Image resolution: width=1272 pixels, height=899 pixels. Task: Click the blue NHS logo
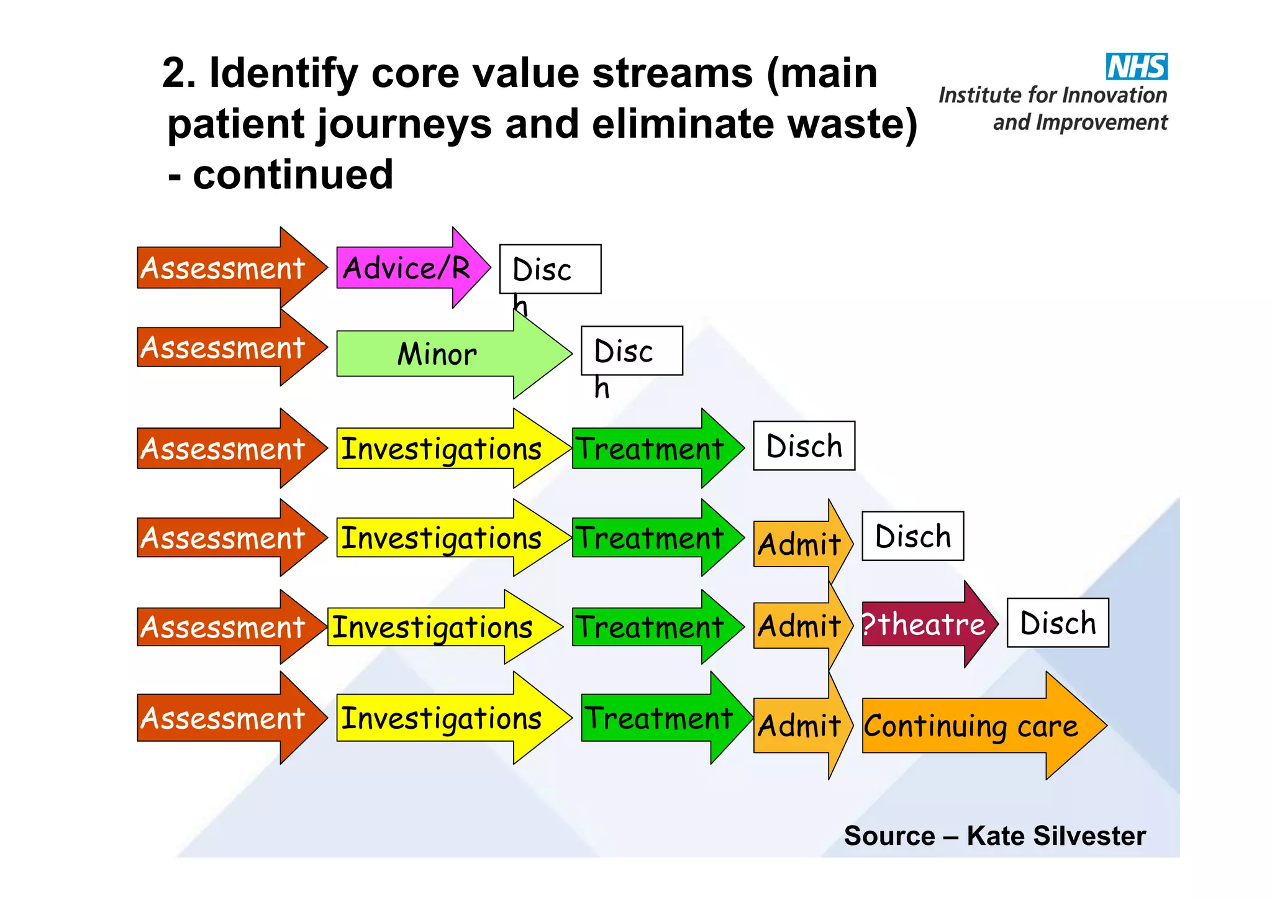click(1136, 66)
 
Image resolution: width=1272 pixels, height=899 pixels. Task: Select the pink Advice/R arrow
click(407, 268)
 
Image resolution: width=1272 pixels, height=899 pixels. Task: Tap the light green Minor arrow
click(438, 354)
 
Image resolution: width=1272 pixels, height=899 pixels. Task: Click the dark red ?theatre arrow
click(924, 624)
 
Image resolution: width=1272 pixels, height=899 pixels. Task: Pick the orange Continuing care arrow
click(971, 726)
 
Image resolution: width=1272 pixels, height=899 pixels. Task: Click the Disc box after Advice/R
click(550, 269)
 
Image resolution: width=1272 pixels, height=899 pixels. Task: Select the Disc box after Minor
click(631, 350)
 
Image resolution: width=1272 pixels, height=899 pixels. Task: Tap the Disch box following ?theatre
click(1057, 623)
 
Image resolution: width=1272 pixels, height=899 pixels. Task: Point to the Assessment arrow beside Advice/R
click(224, 268)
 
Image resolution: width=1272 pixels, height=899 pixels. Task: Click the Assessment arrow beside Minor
click(224, 347)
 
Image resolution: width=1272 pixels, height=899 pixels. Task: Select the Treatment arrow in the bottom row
click(659, 718)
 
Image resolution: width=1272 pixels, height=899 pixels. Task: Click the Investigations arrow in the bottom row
click(442, 718)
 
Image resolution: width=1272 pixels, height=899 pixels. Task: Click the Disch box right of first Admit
click(912, 536)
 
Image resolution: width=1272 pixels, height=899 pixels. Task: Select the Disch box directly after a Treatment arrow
click(804, 445)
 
